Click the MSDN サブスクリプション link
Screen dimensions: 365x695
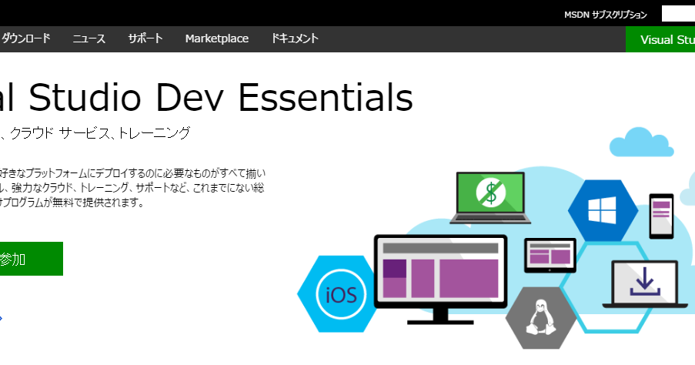tap(605, 15)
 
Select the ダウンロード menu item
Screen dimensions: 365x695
tap(26, 39)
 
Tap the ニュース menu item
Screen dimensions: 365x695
tap(89, 39)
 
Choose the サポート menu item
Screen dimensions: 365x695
tap(145, 39)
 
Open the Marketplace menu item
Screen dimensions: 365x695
tap(216, 39)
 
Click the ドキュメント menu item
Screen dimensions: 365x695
tap(295, 39)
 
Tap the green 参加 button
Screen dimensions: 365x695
tap(31, 259)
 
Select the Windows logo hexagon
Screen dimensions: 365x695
tap(603, 209)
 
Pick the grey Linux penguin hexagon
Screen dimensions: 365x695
tap(541, 318)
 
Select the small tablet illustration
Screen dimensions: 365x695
tap(550, 255)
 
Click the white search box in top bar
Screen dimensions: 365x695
tap(678, 14)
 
